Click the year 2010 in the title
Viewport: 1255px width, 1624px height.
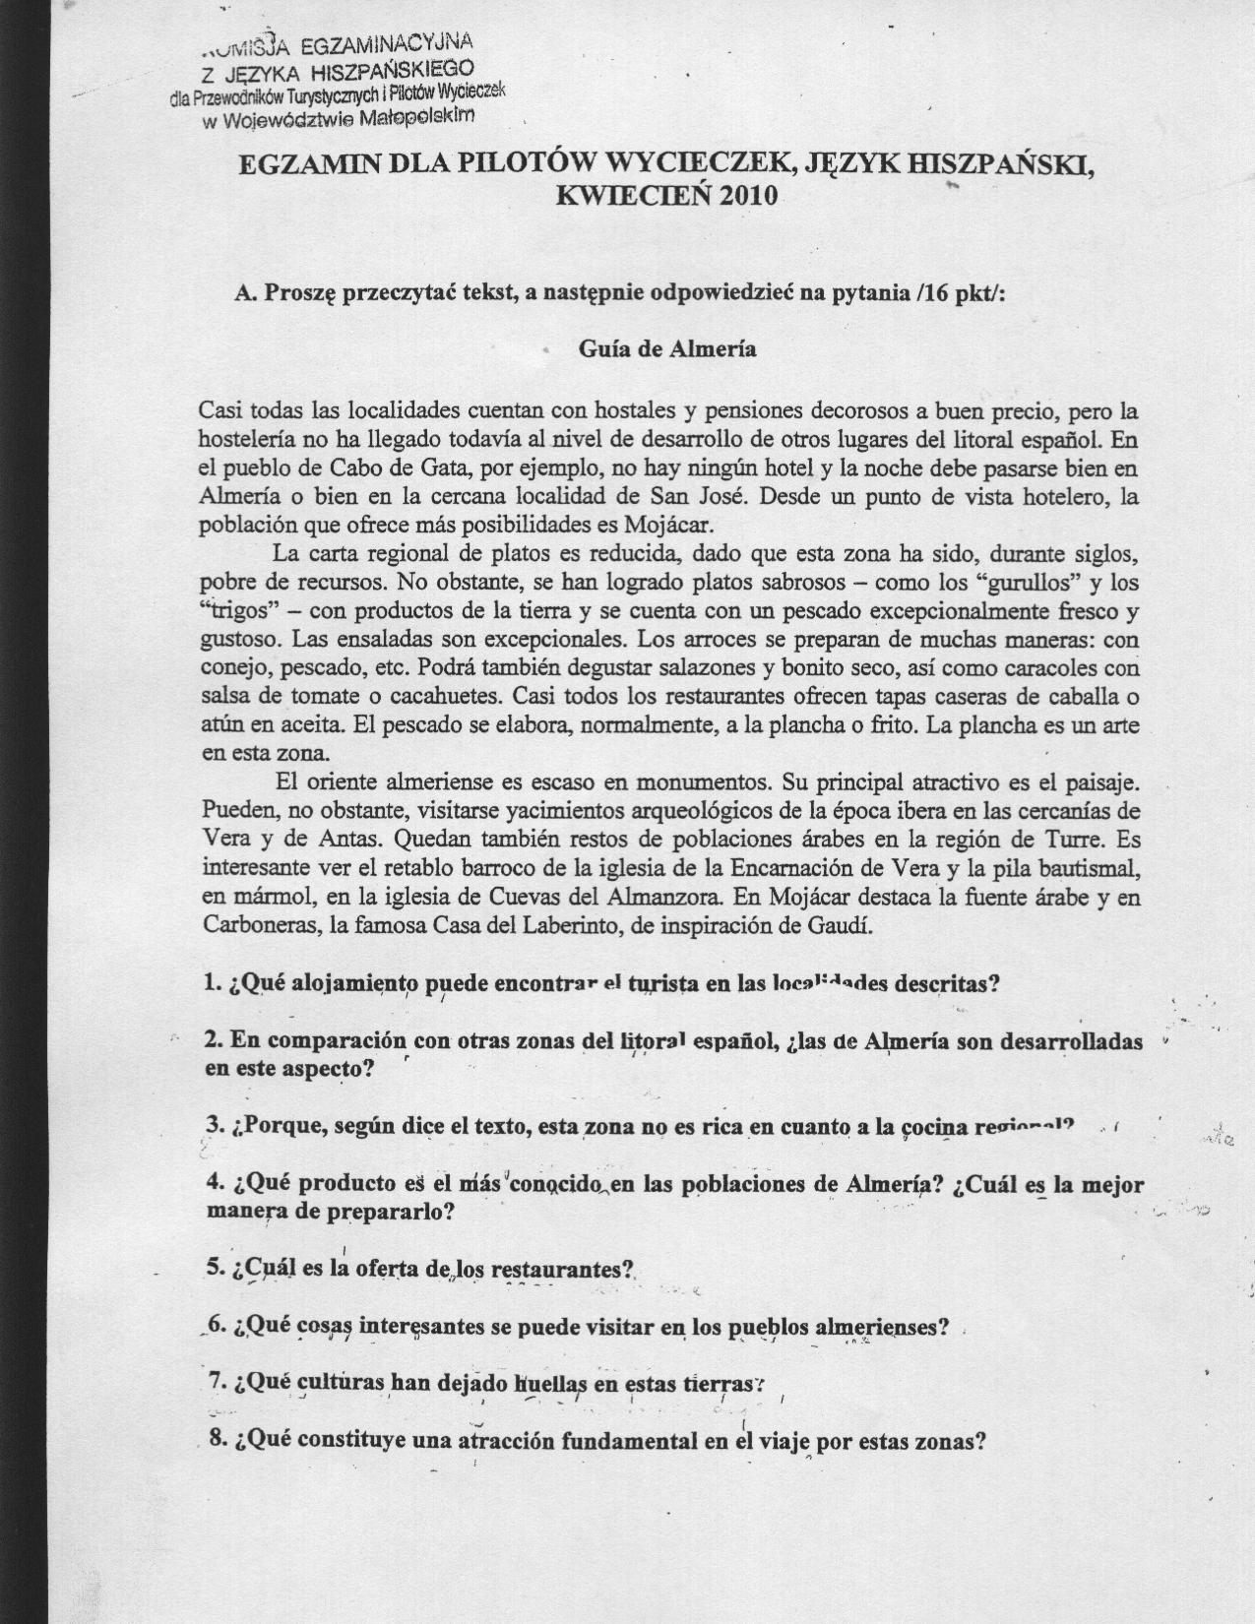(749, 195)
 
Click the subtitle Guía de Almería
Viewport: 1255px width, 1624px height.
(667, 349)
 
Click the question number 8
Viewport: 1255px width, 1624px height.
(218, 1442)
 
